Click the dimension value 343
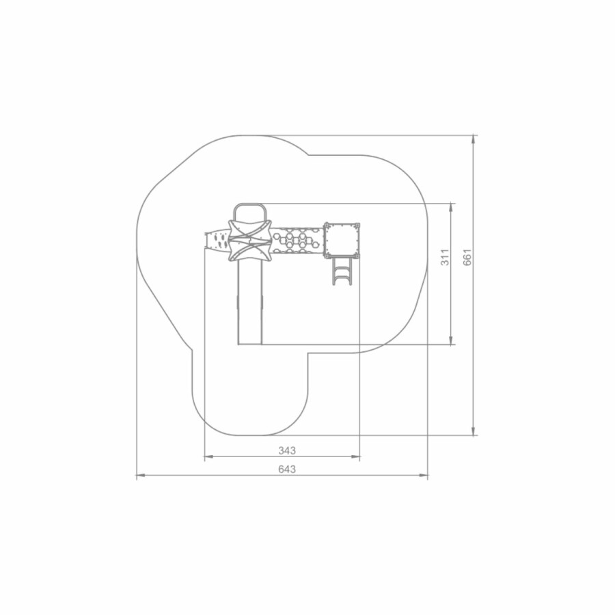coord(287,451)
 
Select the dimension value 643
coord(287,469)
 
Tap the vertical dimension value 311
coord(445,258)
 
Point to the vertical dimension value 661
coord(467,258)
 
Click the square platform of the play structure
coord(341,241)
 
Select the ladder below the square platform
coord(342,271)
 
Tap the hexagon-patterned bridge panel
coord(297,241)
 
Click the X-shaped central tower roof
coord(250,241)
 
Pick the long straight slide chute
coord(250,303)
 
